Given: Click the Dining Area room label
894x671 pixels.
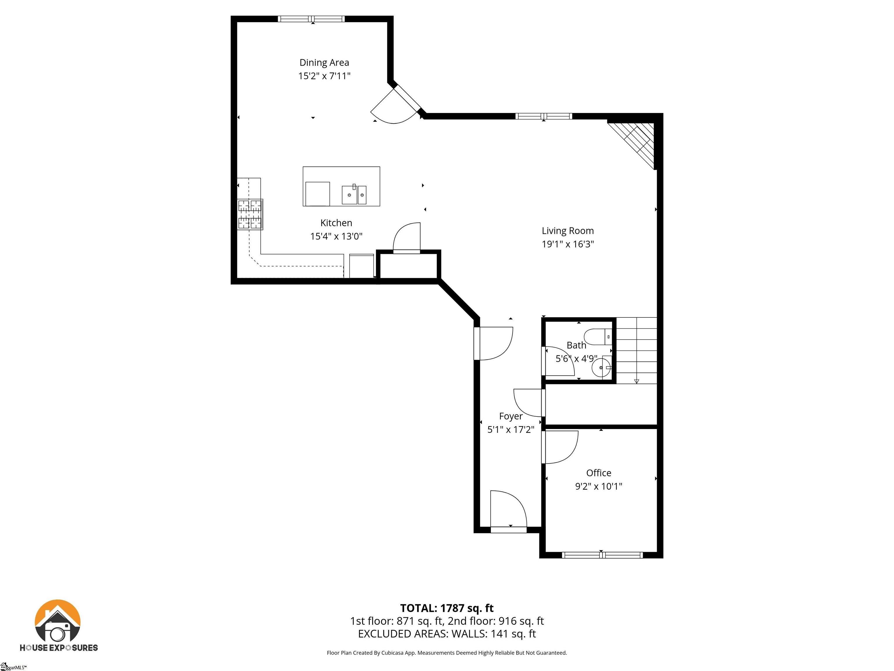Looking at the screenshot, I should click(x=324, y=63).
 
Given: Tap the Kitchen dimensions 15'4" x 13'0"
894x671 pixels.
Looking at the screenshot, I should click(x=336, y=236).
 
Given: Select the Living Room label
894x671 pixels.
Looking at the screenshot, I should click(x=567, y=231).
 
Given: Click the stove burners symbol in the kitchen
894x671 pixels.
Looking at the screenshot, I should click(x=250, y=214).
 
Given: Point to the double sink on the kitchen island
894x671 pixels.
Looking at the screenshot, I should click(x=354, y=195).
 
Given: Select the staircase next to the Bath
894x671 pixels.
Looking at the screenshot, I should click(x=636, y=351).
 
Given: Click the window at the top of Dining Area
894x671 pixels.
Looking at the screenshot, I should click(x=311, y=19).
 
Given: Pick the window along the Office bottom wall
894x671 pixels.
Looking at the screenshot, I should click(x=602, y=555).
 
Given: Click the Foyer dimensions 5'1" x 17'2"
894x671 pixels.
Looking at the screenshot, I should click(x=510, y=430).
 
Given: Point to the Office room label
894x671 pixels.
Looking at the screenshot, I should click(x=599, y=473).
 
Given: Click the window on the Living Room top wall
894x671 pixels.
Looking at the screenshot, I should click(x=544, y=116).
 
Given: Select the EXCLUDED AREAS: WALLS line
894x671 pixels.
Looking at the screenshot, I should click(x=447, y=634).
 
